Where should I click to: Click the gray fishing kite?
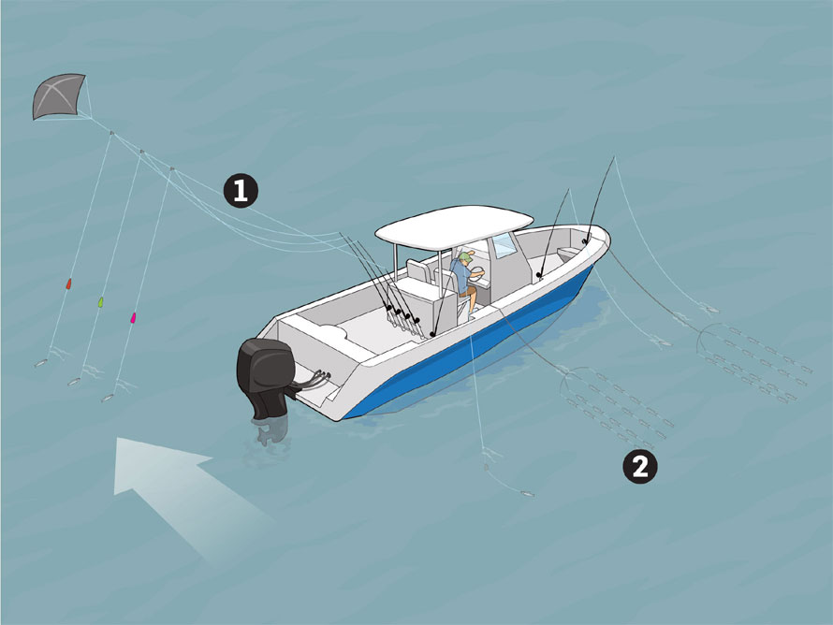tap(58, 96)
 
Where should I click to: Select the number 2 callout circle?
tap(640, 467)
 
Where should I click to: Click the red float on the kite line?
tap(68, 283)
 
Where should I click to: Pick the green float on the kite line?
tap(101, 302)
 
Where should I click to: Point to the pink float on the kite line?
tap(133, 318)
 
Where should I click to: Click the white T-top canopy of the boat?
tap(454, 226)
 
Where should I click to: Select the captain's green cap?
tap(465, 258)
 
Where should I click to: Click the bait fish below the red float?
tap(41, 364)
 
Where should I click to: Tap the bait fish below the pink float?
tap(108, 398)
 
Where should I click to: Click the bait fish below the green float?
tap(74, 381)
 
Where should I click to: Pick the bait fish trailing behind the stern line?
tap(527, 494)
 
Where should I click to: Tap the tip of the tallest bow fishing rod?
tap(614, 157)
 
